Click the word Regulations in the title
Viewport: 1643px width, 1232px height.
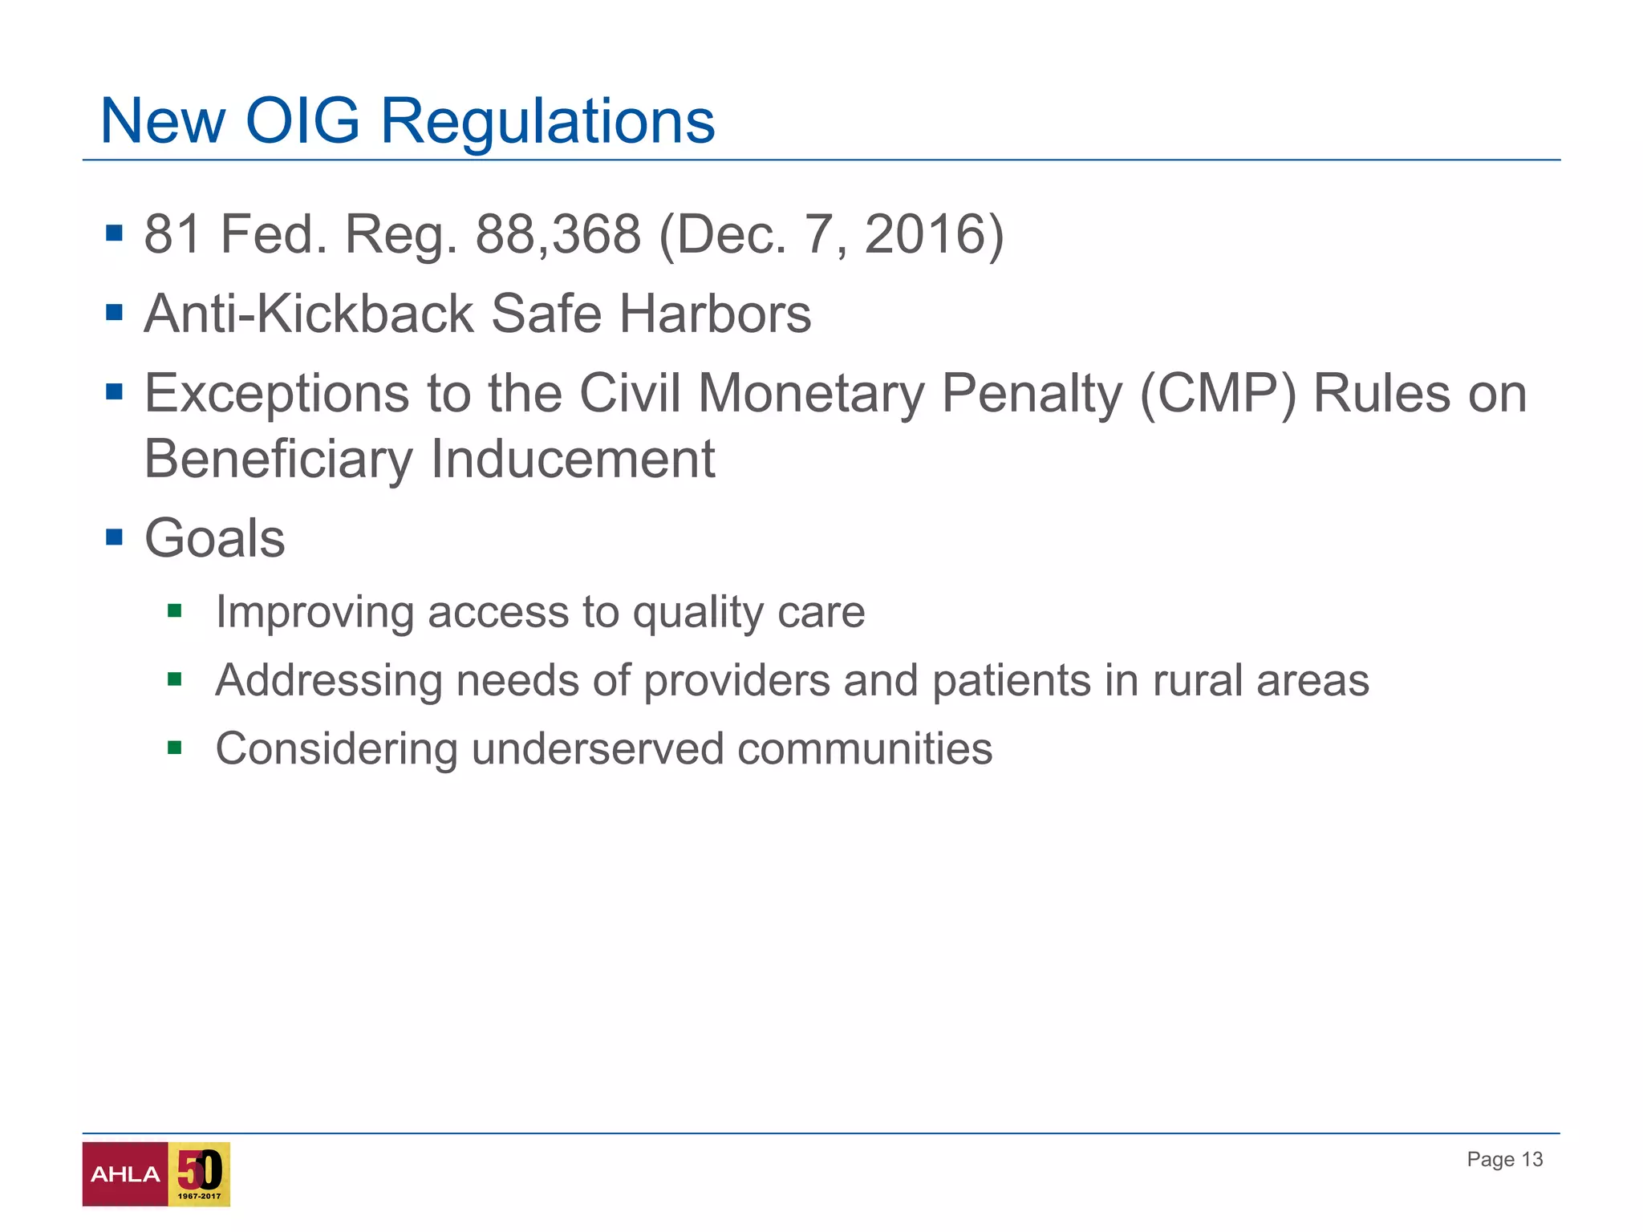click(547, 122)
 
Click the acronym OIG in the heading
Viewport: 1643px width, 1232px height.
click(302, 122)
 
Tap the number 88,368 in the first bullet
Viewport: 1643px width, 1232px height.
click(558, 234)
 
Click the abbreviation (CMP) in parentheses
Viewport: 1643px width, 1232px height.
click(1217, 394)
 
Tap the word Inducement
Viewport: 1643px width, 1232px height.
click(572, 459)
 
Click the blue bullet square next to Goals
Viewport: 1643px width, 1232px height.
click(114, 536)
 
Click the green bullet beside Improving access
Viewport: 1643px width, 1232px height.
click(175, 612)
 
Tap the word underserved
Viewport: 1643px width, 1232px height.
click(597, 748)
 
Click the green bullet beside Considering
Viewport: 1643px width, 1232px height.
click(175, 748)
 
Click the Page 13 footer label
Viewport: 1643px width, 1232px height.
click(1504, 1159)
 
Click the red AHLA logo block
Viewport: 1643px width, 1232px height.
click(125, 1173)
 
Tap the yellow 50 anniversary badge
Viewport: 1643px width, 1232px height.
click(199, 1173)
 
